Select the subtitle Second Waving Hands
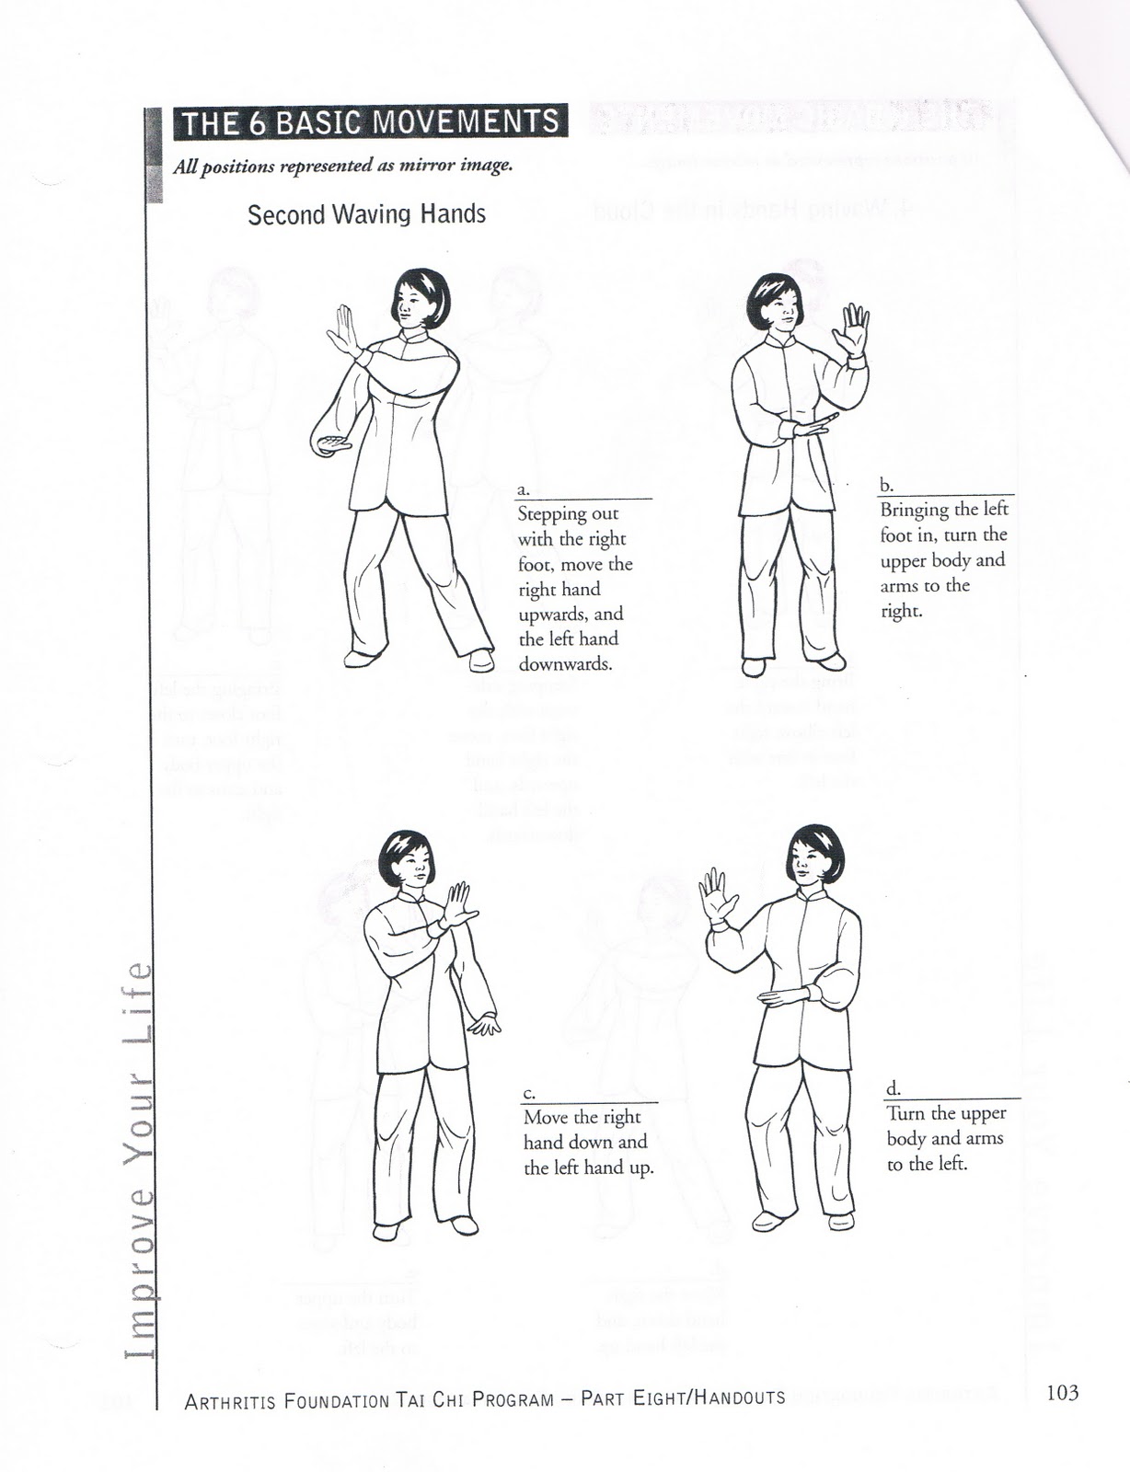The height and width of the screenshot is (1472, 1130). tap(366, 214)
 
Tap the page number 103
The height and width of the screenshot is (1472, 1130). tap(1062, 1392)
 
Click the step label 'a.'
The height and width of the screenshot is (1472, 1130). tap(523, 489)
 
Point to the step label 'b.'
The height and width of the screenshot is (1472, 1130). tap(886, 485)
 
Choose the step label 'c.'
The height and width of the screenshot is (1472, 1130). tap(528, 1092)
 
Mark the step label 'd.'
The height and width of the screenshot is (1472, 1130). tap(893, 1088)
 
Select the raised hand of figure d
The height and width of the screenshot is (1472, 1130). tap(714, 895)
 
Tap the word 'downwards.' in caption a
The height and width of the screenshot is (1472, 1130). tap(565, 663)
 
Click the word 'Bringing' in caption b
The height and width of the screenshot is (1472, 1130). tap(911, 510)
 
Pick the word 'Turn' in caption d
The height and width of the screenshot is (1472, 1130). tap(905, 1113)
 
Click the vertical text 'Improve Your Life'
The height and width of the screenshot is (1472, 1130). tap(135, 1159)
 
